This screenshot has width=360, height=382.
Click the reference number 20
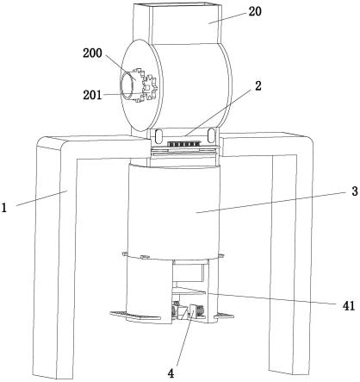click(x=255, y=11)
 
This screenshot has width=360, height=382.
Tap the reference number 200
click(x=92, y=53)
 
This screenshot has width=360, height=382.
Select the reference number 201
click(x=92, y=95)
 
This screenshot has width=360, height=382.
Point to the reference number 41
click(x=349, y=306)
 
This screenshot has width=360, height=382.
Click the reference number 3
click(x=355, y=191)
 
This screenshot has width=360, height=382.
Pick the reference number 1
click(x=3, y=207)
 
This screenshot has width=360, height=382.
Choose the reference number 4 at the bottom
click(x=171, y=373)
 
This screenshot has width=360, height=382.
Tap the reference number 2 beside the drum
click(x=258, y=86)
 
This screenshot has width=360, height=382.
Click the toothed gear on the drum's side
click(x=147, y=86)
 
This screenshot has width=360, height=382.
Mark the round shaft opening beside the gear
click(x=127, y=85)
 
